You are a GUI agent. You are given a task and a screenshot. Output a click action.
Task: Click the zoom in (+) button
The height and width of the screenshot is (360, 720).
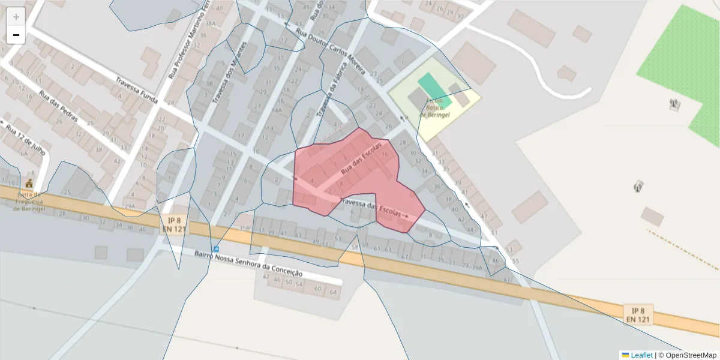(x=16, y=17)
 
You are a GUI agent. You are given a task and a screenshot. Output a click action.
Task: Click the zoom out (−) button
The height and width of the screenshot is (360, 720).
(x=16, y=35)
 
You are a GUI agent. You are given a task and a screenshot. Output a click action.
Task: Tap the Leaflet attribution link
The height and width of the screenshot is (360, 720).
(x=641, y=355)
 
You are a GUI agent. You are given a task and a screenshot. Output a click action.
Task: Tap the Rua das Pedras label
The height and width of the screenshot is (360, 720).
(x=59, y=106)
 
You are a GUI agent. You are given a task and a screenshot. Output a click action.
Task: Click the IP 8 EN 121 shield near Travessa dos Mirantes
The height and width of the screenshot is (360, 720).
(x=175, y=224)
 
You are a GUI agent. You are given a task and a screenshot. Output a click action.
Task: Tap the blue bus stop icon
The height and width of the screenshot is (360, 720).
(x=215, y=249)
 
